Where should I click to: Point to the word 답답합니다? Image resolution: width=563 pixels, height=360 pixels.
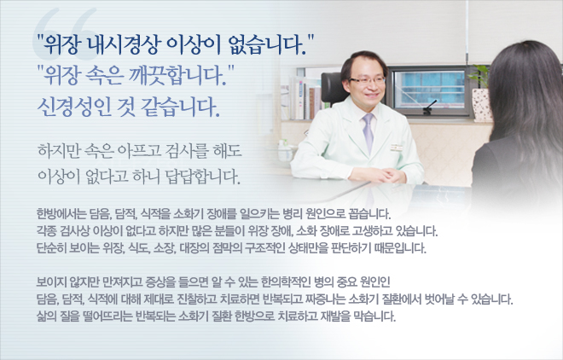tap(203, 176)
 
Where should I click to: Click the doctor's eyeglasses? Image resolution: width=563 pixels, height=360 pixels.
tap(367, 80)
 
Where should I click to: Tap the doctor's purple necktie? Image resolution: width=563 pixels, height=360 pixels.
tap(368, 131)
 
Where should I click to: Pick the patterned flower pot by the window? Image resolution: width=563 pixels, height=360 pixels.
tap(482, 105)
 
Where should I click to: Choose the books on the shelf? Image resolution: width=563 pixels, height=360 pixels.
tap(303, 98)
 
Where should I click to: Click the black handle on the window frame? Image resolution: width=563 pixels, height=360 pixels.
tap(429, 107)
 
